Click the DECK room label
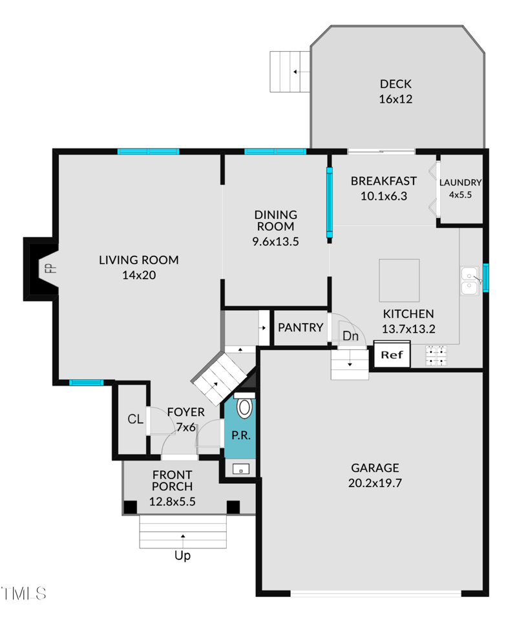(396, 84)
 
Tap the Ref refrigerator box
(392, 354)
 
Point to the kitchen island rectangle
(399, 280)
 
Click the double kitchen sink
(470, 281)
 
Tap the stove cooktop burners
(436, 355)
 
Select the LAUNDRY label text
(460, 183)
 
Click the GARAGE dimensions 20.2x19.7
(375, 482)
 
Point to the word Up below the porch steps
(182, 555)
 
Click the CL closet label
(135, 419)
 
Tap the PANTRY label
(301, 327)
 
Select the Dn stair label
(350, 336)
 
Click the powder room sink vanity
(241, 469)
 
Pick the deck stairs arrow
(301, 72)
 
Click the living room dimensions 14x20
(139, 275)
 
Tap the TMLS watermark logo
(23, 594)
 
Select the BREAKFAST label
(384, 181)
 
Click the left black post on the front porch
(130, 507)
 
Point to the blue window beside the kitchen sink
(485, 277)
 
